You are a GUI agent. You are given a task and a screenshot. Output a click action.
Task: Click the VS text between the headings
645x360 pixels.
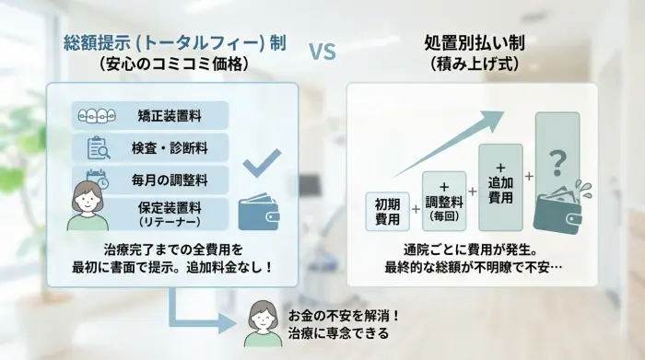pos(322,52)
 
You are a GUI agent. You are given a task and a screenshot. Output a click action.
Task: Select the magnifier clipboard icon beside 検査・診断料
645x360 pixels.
pos(98,147)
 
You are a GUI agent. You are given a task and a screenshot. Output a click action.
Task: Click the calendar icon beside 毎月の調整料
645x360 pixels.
pos(97,178)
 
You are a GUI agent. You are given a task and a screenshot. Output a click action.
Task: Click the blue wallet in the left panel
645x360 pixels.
pos(258,215)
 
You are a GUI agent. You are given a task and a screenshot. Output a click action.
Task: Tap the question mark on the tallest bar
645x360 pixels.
pos(557,162)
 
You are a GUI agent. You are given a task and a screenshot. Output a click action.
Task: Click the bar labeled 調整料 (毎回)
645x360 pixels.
pos(444,200)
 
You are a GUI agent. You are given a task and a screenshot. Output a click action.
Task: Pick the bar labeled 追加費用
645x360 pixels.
pos(500,187)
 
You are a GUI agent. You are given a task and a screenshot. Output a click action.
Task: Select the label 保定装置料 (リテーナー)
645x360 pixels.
pos(170,214)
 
